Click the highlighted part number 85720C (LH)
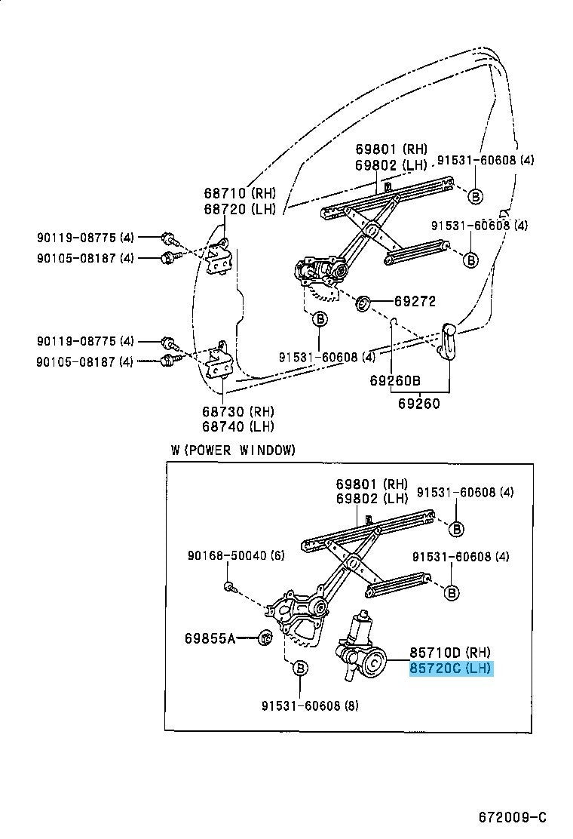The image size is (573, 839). (451, 668)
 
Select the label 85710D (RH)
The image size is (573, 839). (451, 652)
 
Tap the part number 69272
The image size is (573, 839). (415, 301)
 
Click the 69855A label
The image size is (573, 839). (210, 638)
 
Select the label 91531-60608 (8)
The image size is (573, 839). (300, 706)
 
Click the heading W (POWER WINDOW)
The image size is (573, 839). (233, 450)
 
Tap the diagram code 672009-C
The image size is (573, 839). (512, 817)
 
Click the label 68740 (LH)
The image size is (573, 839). (237, 426)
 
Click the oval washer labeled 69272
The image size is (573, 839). (362, 303)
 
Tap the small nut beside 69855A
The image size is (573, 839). (265, 638)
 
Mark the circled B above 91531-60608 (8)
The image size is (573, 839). (300, 668)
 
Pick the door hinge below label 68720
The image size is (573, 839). (219, 257)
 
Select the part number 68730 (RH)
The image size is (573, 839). (237, 411)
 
